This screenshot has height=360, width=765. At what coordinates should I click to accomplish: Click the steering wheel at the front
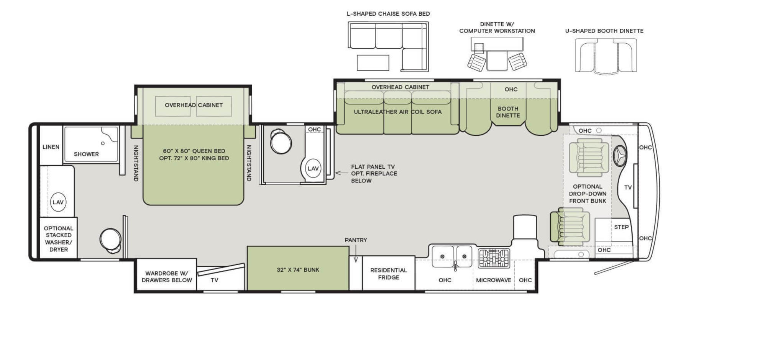(x=620, y=156)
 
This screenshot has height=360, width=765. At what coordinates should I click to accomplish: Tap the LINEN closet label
(x=51, y=147)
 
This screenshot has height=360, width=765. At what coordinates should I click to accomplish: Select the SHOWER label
(x=86, y=154)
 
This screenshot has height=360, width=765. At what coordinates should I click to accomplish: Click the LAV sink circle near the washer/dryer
(x=58, y=202)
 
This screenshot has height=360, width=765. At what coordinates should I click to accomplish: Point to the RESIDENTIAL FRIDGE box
(x=388, y=273)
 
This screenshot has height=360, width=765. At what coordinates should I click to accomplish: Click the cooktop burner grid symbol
(x=494, y=258)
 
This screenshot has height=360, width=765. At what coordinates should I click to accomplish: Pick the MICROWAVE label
(x=493, y=280)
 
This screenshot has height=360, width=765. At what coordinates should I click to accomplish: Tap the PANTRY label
(x=356, y=240)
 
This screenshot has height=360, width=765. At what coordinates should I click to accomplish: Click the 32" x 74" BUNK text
(x=298, y=270)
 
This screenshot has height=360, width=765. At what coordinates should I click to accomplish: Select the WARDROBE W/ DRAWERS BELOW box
(x=167, y=276)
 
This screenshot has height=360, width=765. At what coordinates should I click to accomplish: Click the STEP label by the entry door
(x=621, y=227)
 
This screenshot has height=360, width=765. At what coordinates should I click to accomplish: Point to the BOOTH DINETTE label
(x=508, y=112)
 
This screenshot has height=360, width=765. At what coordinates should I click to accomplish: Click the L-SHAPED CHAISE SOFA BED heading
(x=388, y=14)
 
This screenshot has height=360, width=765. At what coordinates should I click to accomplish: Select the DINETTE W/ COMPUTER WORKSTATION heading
(x=497, y=28)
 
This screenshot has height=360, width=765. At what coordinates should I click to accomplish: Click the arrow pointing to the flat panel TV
(x=341, y=173)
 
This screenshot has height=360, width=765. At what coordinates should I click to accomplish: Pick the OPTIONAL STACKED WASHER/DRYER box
(x=59, y=238)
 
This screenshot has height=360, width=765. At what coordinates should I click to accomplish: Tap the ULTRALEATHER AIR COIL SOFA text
(x=397, y=112)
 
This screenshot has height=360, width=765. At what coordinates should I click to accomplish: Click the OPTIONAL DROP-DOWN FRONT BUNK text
(x=587, y=194)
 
